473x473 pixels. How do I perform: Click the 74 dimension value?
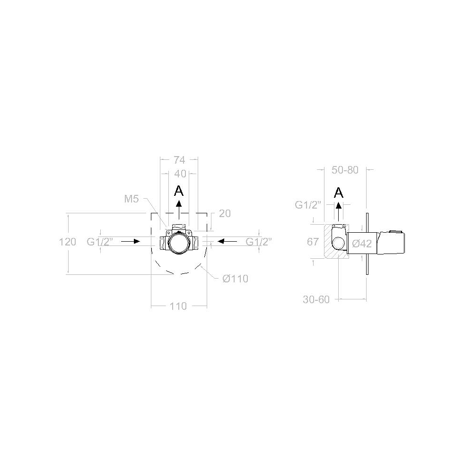click(x=179, y=160)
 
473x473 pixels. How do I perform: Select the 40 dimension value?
click(x=180, y=174)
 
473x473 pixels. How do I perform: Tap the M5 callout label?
click(x=131, y=199)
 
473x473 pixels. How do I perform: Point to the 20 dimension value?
click(x=225, y=214)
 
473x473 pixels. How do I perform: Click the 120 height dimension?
click(x=68, y=242)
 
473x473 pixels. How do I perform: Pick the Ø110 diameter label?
click(x=235, y=279)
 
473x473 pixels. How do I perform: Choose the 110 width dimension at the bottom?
click(x=178, y=306)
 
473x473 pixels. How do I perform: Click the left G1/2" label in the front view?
click(x=100, y=242)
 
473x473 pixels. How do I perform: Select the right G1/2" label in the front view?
click(x=259, y=242)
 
